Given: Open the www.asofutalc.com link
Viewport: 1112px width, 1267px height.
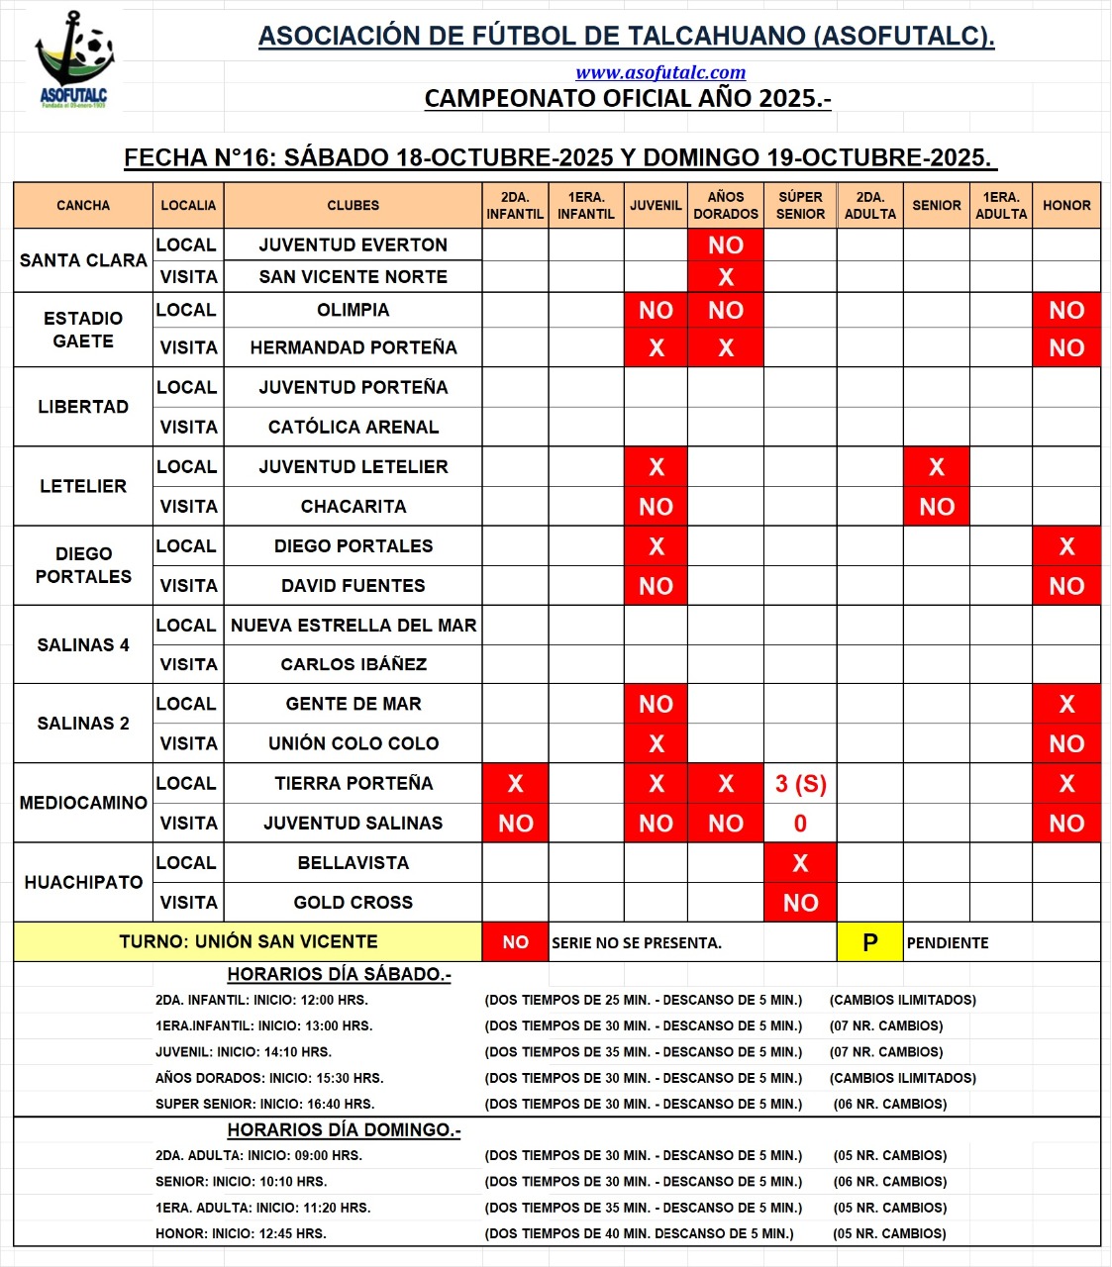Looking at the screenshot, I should [x=660, y=72].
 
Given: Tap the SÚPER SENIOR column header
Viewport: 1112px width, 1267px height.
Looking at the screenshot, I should [x=800, y=205].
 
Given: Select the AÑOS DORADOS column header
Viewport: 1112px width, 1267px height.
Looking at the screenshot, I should [x=726, y=205].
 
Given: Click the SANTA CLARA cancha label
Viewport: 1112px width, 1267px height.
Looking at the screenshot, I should [x=83, y=260].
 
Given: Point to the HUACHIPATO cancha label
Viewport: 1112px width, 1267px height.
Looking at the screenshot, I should [x=83, y=882].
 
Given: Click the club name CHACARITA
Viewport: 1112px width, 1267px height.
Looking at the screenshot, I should [x=354, y=506].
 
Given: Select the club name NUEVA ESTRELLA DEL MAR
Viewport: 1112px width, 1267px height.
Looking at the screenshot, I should [x=354, y=626].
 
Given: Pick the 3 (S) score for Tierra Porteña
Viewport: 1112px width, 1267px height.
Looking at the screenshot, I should [x=800, y=784].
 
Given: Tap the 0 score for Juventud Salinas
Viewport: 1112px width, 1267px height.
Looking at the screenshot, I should [x=800, y=824].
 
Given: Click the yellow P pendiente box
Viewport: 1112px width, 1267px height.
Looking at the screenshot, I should [x=869, y=942].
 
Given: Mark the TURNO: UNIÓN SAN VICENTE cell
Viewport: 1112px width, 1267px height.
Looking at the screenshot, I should [x=249, y=941].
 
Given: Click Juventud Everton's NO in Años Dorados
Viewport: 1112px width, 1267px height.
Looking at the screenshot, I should [x=726, y=245].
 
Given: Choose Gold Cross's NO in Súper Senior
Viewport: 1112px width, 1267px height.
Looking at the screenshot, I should [x=800, y=903].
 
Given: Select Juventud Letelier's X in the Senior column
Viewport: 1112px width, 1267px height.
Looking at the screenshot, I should [x=937, y=467].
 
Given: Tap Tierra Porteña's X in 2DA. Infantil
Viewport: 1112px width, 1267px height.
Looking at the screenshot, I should [x=515, y=784].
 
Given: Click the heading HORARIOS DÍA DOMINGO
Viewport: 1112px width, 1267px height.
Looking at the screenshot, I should [x=344, y=1129].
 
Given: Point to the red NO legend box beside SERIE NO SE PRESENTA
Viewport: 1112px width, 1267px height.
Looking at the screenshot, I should [x=515, y=942].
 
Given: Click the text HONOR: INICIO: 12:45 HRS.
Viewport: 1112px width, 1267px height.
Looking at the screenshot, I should [x=241, y=1233].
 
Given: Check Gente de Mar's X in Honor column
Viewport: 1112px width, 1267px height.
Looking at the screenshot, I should [x=1066, y=704].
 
